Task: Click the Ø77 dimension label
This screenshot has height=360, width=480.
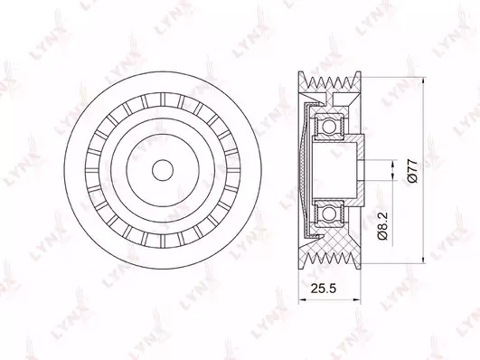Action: click(412, 171)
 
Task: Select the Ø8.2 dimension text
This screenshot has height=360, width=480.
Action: click(382, 225)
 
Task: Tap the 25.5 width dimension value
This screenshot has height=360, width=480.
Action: click(324, 289)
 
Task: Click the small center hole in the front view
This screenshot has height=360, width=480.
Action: click(163, 170)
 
